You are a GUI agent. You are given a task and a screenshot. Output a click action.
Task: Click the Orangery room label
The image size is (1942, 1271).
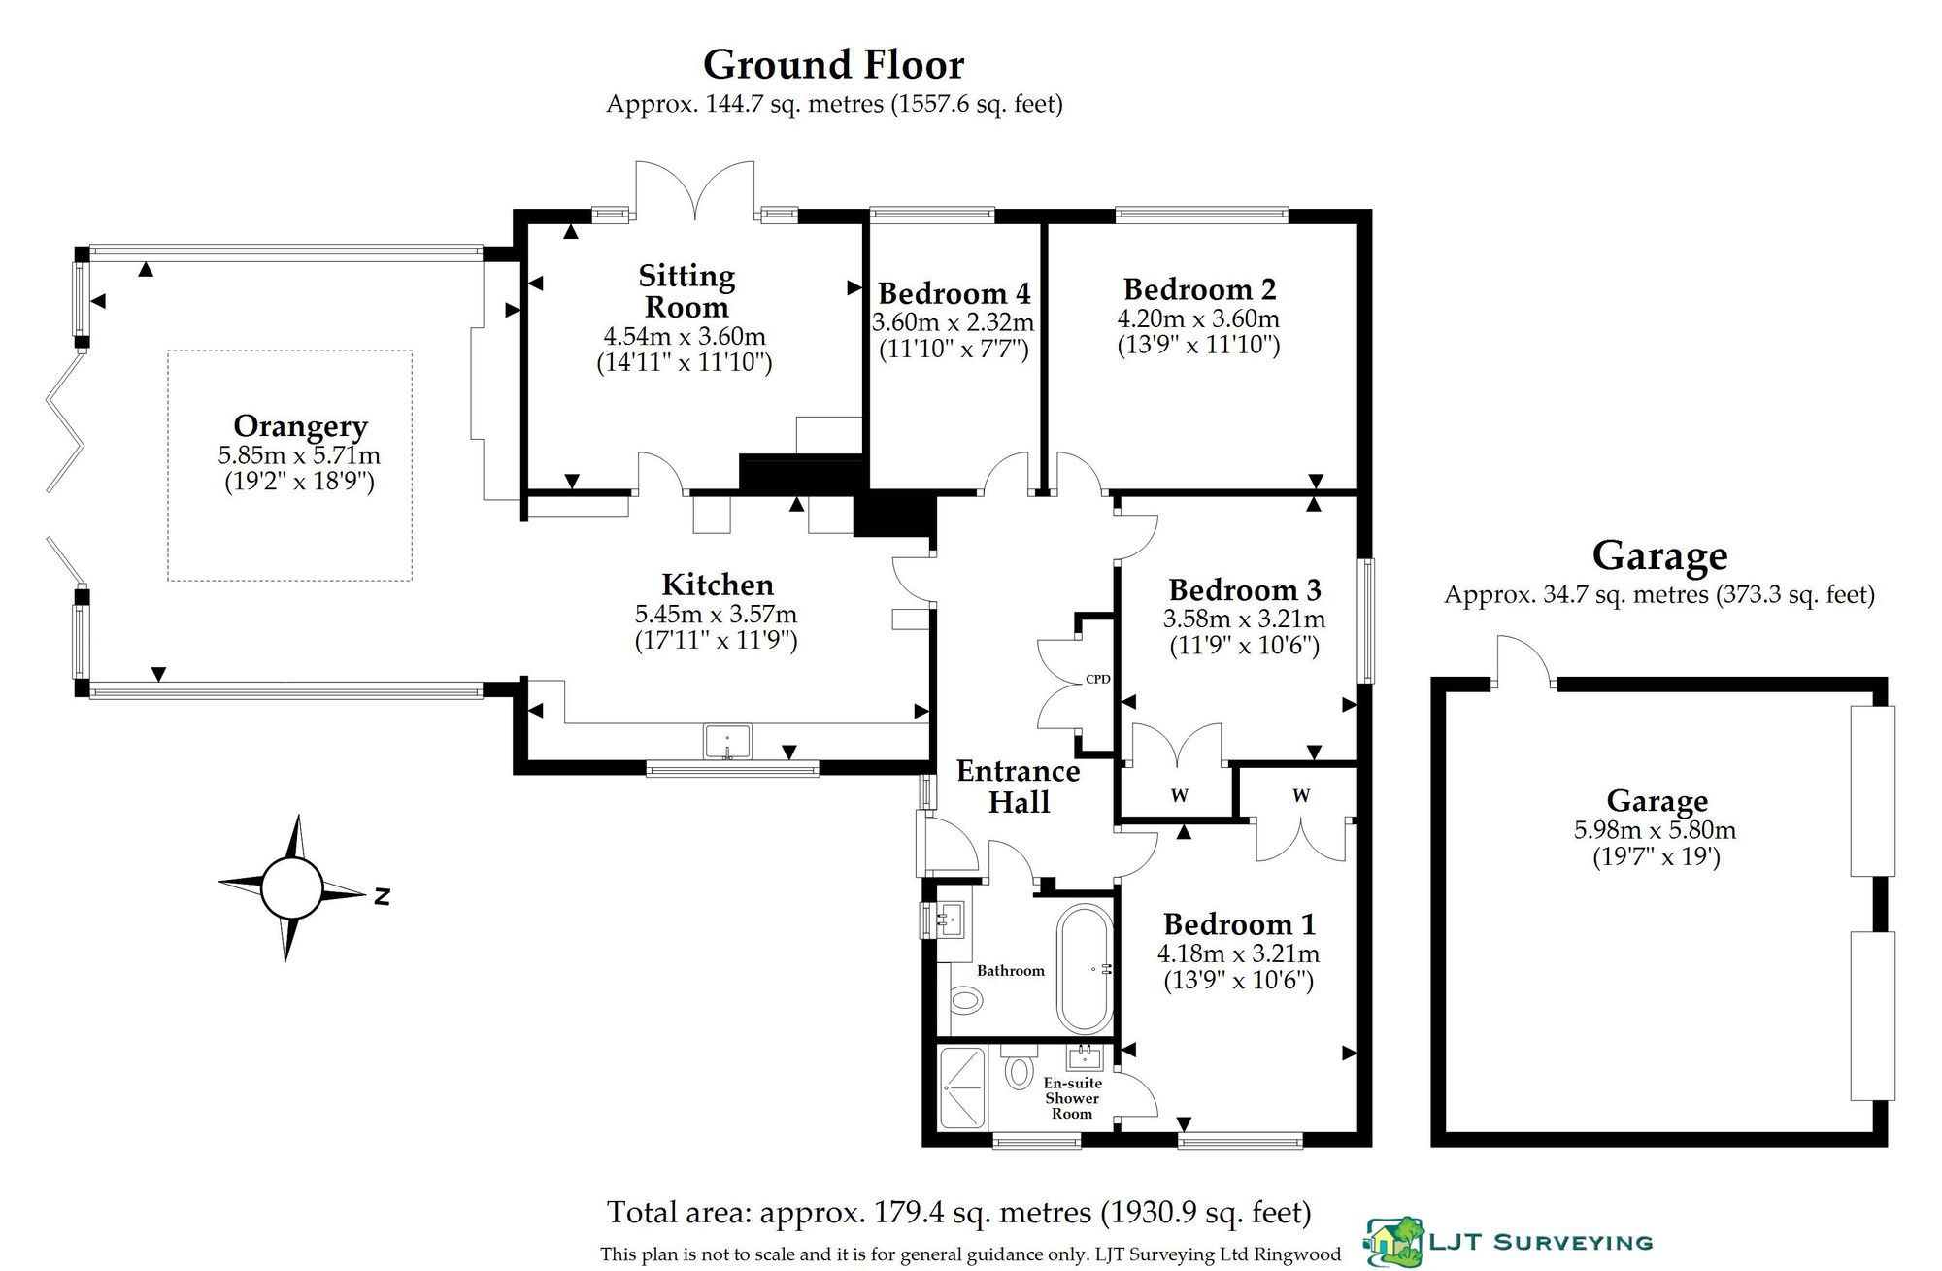[300, 426]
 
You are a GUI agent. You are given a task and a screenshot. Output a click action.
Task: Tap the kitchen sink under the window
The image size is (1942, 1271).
[727, 741]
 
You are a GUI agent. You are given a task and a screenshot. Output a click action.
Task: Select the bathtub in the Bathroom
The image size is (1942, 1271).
[1085, 969]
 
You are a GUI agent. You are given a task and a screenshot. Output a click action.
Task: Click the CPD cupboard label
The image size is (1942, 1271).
[1097, 679]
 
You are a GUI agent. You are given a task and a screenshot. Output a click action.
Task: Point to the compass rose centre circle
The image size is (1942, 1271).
[290, 887]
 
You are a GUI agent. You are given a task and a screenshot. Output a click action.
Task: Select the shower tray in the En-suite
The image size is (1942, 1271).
[962, 1087]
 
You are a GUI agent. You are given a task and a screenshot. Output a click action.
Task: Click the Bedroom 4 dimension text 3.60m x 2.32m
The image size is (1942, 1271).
[953, 322]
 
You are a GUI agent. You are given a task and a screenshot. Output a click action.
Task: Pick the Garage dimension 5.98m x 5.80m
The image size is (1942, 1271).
[1655, 830]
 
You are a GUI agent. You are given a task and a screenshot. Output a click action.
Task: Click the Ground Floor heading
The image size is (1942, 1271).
[833, 65]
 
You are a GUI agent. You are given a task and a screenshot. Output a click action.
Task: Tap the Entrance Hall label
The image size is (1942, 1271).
[1019, 786]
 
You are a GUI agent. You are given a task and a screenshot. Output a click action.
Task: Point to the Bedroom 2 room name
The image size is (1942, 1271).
[1199, 289]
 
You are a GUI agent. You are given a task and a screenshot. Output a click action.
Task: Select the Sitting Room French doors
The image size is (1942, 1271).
[694, 190]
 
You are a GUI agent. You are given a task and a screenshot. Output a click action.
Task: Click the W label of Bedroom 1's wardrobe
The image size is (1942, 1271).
[1301, 796]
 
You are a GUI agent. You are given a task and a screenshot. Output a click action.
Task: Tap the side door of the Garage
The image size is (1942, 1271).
[1524, 661]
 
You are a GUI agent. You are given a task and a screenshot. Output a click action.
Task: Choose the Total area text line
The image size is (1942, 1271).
[959, 1213]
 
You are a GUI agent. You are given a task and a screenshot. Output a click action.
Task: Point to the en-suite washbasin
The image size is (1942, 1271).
[1084, 1056]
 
